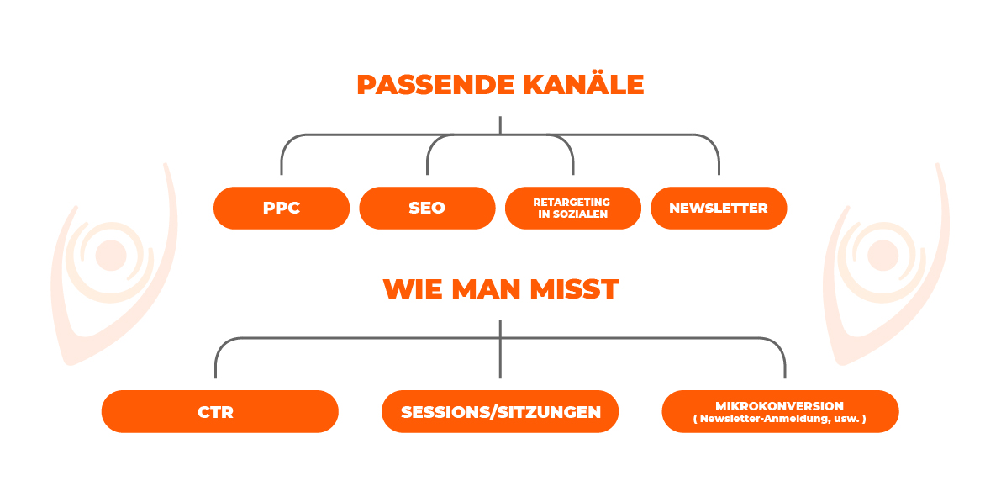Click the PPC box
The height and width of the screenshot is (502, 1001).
(282, 209)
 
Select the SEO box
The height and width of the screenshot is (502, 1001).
(427, 209)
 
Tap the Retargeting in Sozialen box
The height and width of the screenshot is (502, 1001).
(572, 209)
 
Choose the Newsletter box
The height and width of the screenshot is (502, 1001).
(719, 209)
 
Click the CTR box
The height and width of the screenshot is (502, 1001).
(219, 411)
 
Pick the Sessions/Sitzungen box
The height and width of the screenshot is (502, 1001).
(500, 411)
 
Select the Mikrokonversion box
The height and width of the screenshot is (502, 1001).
(780, 411)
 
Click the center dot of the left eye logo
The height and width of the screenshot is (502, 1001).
(111, 256)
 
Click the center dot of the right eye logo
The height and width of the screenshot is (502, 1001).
(882, 256)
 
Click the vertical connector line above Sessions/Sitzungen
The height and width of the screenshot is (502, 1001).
(500, 349)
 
